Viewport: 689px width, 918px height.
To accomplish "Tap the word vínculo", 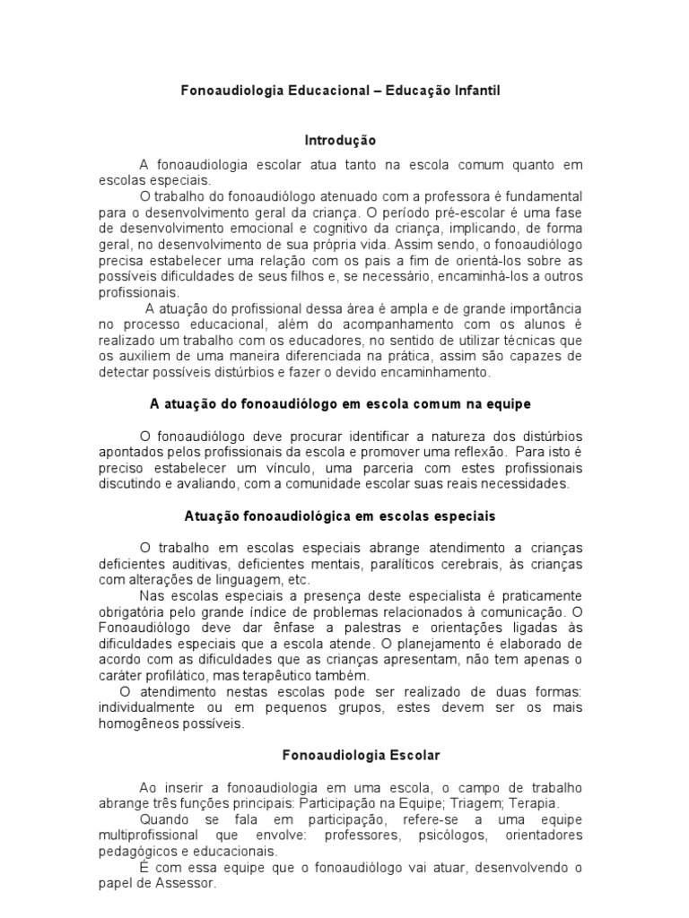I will [x=288, y=467].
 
